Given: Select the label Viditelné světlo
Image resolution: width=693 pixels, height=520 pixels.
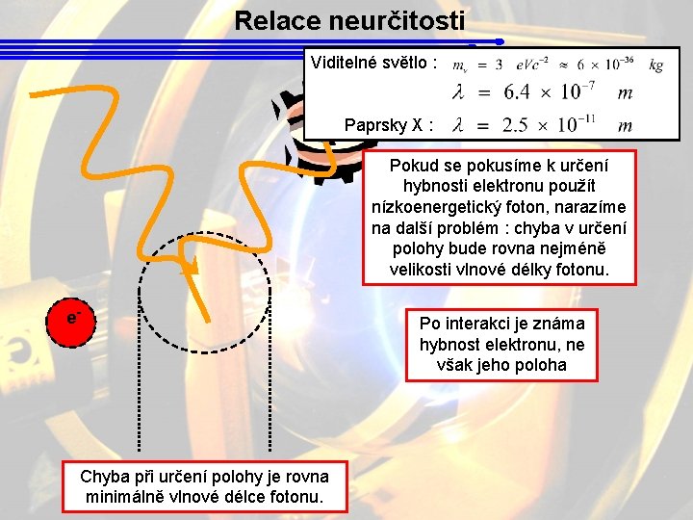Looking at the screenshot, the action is [373, 64].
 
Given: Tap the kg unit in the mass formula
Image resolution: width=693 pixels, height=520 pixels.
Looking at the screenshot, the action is [655, 65].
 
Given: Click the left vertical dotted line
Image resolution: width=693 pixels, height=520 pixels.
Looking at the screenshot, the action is [141, 376].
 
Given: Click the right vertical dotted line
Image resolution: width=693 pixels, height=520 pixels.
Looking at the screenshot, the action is [269, 376].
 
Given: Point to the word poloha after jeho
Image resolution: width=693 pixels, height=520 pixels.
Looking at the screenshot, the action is [541, 365].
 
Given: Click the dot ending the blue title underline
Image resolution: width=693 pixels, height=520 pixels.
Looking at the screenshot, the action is [500, 41].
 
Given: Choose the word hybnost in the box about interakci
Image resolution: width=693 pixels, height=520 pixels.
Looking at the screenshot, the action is [449, 344].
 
